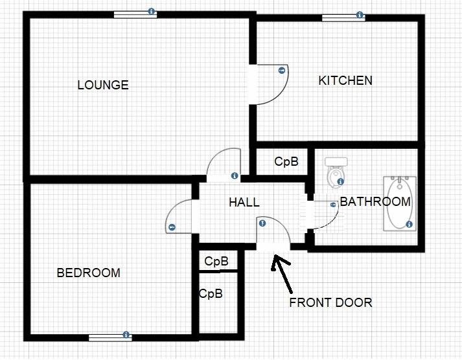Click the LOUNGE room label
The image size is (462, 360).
[x=103, y=85]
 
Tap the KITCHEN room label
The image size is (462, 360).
[x=345, y=80]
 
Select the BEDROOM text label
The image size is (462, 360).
[x=89, y=273]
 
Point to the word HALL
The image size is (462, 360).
[x=244, y=203]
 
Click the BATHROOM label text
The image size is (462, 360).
[x=375, y=201]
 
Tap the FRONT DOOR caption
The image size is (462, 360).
[x=330, y=302]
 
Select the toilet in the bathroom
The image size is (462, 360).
[x=335, y=172]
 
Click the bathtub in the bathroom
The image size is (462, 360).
[x=398, y=202]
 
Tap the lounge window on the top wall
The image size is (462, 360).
[x=135, y=14]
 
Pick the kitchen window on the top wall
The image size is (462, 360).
[x=343, y=17]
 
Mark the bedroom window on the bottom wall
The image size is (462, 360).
[x=110, y=337]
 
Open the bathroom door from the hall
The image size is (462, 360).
[x=322, y=214]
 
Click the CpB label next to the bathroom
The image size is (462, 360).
[x=286, y=162]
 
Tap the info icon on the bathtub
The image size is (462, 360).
[x=410, y=225]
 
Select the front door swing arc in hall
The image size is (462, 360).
[x=275, y=231]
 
